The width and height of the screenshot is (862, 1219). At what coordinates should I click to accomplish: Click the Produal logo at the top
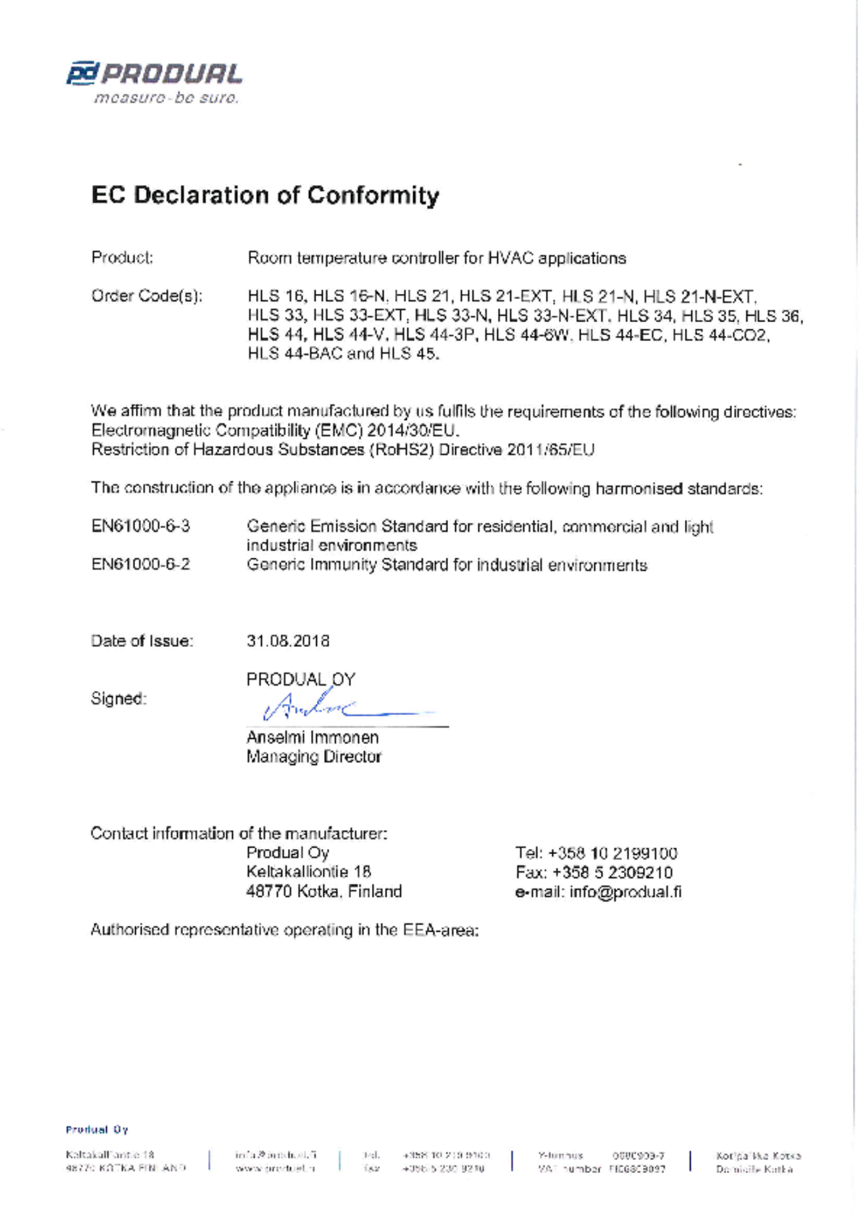(154, 74)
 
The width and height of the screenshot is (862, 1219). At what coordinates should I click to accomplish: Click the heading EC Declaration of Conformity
(265, 195)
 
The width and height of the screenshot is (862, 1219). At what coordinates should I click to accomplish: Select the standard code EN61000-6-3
(141, 526)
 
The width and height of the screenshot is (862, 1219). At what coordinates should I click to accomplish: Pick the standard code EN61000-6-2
(141, 564)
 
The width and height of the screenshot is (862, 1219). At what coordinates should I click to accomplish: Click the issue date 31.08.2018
(288, 641)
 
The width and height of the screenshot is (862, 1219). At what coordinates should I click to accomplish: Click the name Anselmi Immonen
(312, 737)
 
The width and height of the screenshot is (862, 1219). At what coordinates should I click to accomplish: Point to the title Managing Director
(314, 757)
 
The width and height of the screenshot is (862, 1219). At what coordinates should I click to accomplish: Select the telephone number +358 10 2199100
(613, 853)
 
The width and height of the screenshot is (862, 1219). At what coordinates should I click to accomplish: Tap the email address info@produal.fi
(625, 892)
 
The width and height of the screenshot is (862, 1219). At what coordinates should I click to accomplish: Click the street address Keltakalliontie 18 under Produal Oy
(309, 872)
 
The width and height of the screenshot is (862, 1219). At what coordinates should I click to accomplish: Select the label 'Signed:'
(119, 698)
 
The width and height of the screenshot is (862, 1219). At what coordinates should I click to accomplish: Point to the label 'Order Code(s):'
(147, 296)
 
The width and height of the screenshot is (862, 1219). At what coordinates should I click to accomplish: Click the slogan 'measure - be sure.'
(166, 98)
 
